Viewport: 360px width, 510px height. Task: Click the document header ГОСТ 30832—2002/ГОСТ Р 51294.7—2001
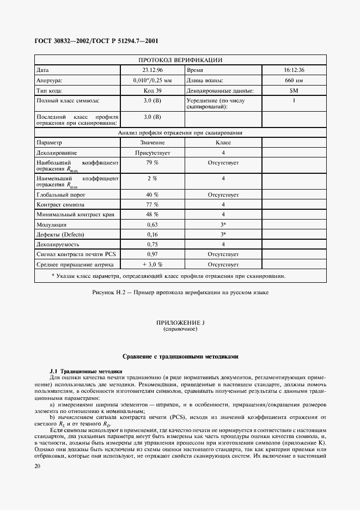click(x=97, y=41)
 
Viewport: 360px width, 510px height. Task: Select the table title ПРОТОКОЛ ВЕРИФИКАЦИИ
click(x=180, y=60)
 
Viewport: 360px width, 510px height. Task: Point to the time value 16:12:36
click(x=294, y=70)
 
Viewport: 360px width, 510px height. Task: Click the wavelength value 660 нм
click(x=294, y=81)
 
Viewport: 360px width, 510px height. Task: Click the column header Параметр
click(x=50, y=142)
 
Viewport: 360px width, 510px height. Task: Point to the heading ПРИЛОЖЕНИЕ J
click(x=180, y=323)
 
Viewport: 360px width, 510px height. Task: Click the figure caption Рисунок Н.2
click(x=180, y=293)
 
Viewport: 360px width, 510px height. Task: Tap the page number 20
click(x=36, y=466)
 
